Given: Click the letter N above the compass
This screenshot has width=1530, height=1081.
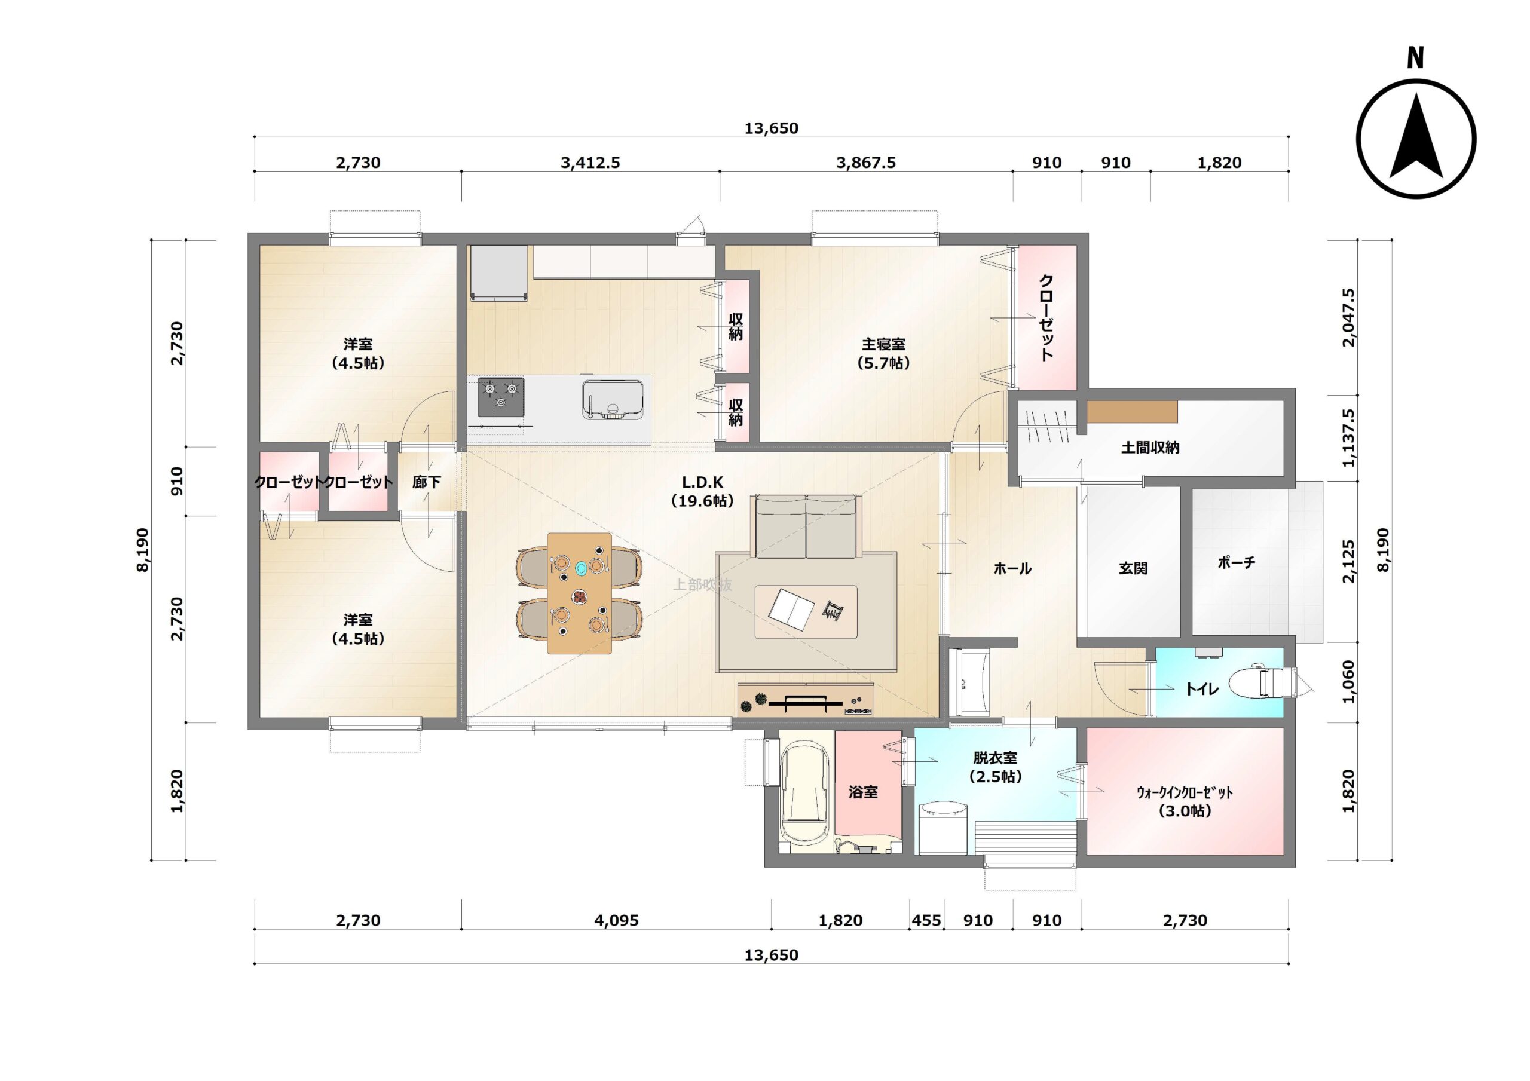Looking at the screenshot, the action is (x=1415, y=58).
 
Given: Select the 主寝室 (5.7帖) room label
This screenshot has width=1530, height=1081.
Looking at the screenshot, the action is (x=883, y=354).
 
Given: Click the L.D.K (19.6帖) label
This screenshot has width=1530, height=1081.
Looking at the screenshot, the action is (x=702, y=491).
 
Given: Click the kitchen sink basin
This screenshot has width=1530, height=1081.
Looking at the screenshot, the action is (x=613, y=399).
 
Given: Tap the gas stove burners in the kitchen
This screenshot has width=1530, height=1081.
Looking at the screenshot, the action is (x=500, y=397).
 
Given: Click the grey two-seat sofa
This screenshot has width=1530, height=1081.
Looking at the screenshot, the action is (x=805, y=526).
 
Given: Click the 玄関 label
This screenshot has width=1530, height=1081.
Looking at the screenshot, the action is (x=1133, y=568).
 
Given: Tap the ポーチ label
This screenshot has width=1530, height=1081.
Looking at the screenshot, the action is (x=1237, y=562).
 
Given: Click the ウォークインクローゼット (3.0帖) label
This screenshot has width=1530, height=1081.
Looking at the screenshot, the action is (x=1185, y=802).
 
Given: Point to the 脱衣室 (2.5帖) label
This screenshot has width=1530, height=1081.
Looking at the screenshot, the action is (x=996, y=767).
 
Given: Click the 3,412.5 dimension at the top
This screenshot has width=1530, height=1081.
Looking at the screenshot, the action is (x=590, y=163).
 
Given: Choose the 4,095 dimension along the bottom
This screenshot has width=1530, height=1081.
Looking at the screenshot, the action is (x=616, y=920).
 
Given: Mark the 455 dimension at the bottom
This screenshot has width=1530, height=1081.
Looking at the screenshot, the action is (x=926, y=920).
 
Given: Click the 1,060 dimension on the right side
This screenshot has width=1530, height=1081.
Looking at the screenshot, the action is (x=1349, y=682).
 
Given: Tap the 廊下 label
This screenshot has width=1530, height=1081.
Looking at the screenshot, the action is (x=427, y=482).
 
